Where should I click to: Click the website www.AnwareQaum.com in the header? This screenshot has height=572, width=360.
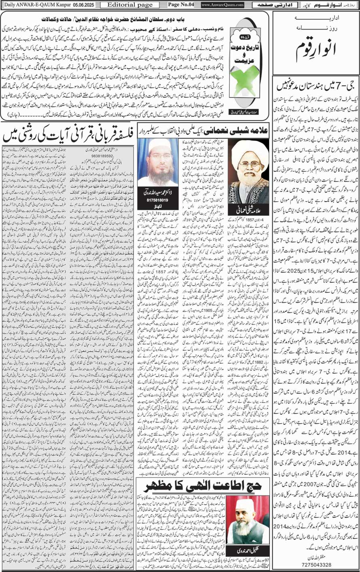point(222,5)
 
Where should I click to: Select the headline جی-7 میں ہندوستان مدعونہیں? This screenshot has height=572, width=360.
point(316,86)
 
